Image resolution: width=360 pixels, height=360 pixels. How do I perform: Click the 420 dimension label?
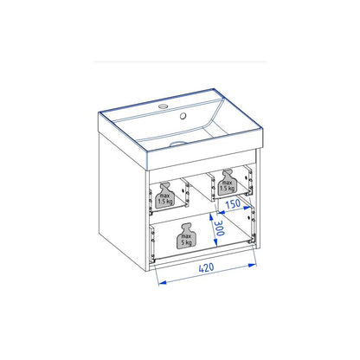207,268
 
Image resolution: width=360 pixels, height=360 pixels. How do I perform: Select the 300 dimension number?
220,228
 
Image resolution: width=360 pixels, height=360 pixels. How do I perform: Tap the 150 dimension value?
233,204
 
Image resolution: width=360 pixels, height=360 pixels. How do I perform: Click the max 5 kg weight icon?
186,236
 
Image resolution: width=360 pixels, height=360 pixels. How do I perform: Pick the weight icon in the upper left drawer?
165,196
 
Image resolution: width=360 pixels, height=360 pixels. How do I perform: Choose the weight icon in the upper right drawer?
228,183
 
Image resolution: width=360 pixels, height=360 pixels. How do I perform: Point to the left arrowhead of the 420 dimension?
163,282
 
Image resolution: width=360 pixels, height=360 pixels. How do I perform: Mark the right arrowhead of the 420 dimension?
253,265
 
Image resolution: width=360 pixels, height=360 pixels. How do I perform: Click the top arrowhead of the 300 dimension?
211,217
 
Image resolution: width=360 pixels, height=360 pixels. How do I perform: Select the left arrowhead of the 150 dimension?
221,212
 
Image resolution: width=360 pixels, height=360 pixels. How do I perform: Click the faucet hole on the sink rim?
164,106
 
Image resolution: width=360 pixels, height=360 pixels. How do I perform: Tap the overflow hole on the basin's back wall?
183,116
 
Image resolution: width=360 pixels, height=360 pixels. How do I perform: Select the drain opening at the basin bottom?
179,144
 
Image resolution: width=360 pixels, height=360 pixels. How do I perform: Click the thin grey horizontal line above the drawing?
180,61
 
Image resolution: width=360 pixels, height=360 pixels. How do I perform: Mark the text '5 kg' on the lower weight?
187,242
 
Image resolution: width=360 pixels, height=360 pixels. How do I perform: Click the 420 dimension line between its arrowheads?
208,273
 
